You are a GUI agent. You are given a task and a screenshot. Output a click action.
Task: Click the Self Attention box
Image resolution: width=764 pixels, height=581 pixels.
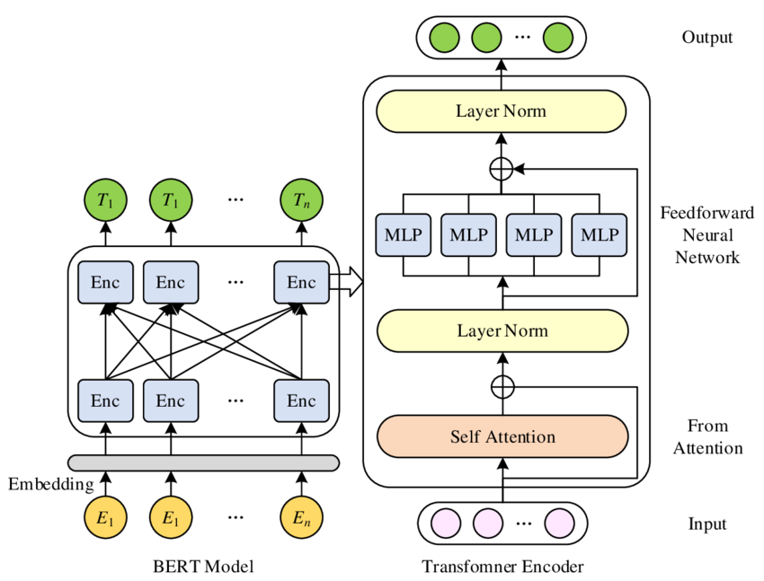click(x=502, y=437)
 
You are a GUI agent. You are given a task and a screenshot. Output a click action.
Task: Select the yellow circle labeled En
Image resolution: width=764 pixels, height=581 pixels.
click(x=301, y=518)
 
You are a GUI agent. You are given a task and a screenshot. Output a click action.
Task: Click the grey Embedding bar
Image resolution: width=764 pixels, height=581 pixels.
click(x=204, y=462)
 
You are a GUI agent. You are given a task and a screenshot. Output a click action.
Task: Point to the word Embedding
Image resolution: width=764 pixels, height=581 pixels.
click(x=50, y=485)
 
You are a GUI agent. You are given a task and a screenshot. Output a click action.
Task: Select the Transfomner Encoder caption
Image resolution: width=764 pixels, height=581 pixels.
click(x=502, y=567)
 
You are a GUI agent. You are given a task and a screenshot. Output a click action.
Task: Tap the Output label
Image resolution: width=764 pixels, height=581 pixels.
click(x=706, y=38)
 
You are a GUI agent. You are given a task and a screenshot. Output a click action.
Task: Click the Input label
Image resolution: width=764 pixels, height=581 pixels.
click(x=707, y=524)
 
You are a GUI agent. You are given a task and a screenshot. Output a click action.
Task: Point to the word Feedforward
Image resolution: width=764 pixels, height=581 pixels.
click(x=706, y=213)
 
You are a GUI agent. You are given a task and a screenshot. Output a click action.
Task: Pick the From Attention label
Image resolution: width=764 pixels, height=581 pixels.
click(x=707, y=436)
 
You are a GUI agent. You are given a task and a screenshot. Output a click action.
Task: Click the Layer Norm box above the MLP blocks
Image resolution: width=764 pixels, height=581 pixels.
click(x=501, y=112)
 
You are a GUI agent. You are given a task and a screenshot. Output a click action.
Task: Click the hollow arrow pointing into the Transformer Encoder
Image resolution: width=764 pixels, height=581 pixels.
click(x=346, y=284)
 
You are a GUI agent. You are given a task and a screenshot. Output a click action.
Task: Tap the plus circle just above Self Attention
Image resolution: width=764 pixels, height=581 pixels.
click(x=502, y=387)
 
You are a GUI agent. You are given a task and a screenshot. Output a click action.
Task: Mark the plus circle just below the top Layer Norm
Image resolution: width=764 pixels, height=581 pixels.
click(x=502, y=168)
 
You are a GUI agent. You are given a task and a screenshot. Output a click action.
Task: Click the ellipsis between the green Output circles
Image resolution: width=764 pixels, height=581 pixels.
click(x=522, y=38)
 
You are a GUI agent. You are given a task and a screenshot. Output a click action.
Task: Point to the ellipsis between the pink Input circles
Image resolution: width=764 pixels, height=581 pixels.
click(x=522, y=524)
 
